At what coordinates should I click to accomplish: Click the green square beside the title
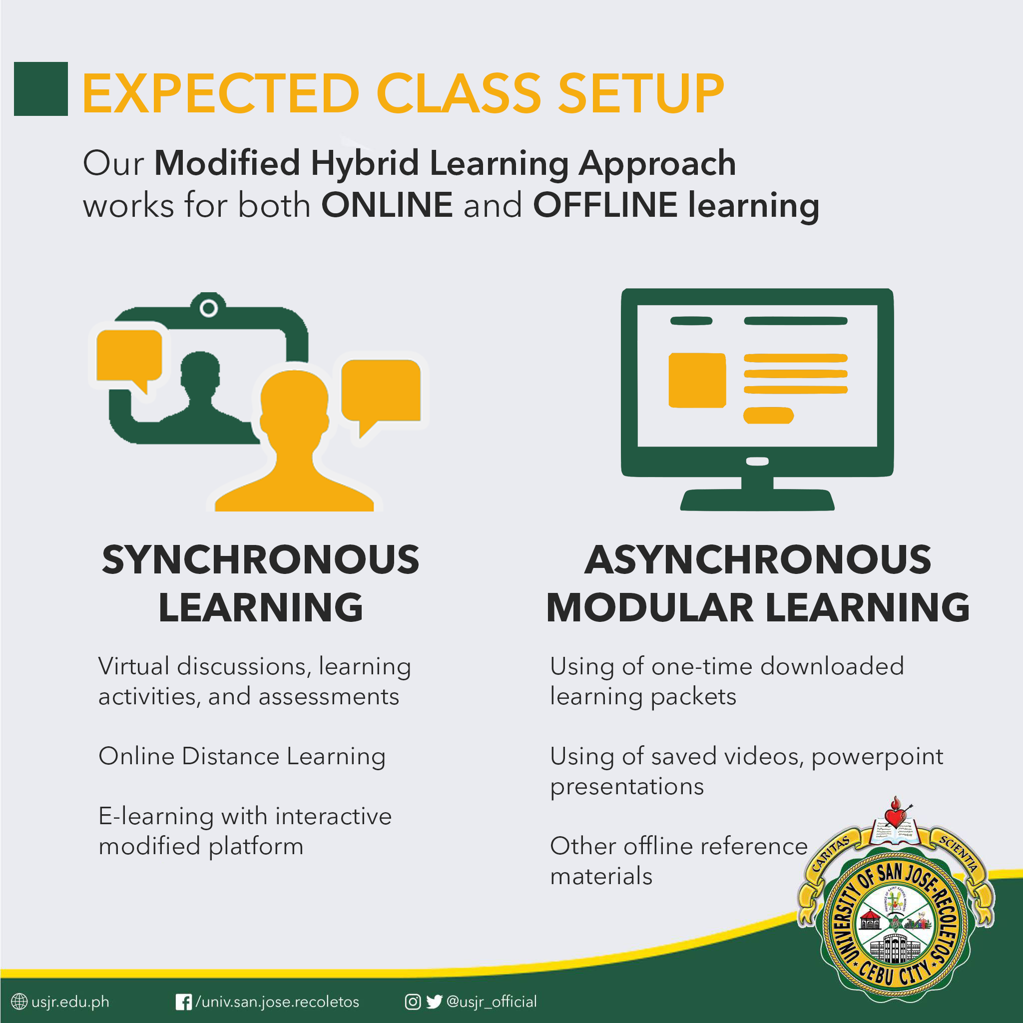click(41, 89)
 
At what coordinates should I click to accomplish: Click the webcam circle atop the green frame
click(209, 308)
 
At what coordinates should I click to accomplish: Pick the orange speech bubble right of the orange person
click(381, 395)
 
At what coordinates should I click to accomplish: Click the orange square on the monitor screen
click(697, 380)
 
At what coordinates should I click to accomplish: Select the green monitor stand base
click(757, 500)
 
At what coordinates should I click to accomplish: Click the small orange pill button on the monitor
click(768, 416)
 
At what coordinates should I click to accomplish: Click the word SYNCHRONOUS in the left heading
click(261, 559)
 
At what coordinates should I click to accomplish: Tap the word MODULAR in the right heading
click(650, 607)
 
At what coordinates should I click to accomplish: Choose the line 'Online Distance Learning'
click(242, 757)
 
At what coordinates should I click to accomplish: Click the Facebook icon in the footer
click(184, 1003)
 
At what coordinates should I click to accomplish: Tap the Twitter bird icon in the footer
click(434, 1002)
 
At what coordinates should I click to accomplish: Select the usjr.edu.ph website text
click(70, 1002)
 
